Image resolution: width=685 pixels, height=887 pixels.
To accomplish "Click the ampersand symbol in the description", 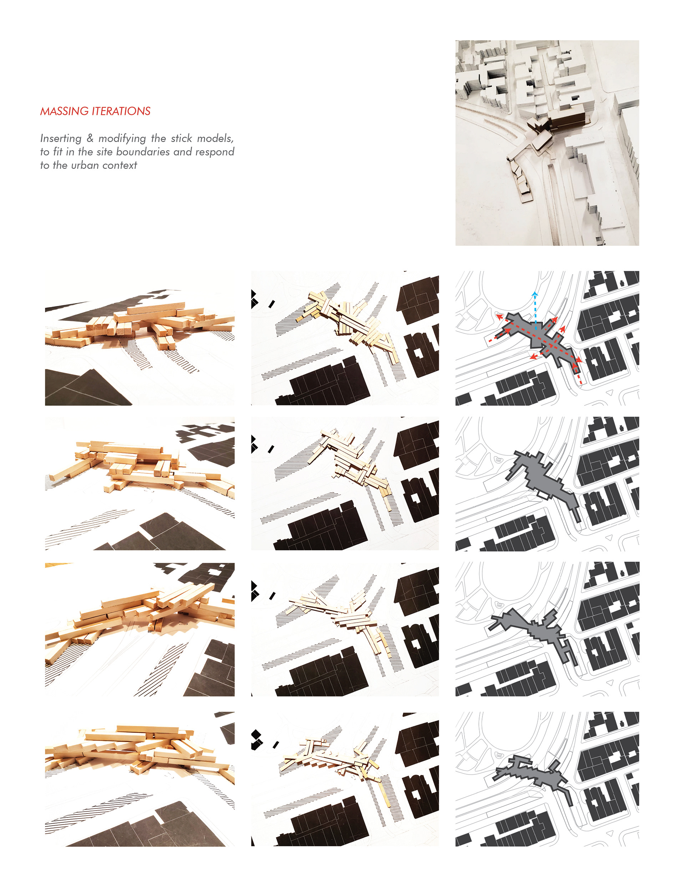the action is pos(90,138).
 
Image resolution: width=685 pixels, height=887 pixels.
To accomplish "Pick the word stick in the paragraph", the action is pos(181,138).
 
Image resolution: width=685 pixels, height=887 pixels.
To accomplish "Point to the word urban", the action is pos(85,165).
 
